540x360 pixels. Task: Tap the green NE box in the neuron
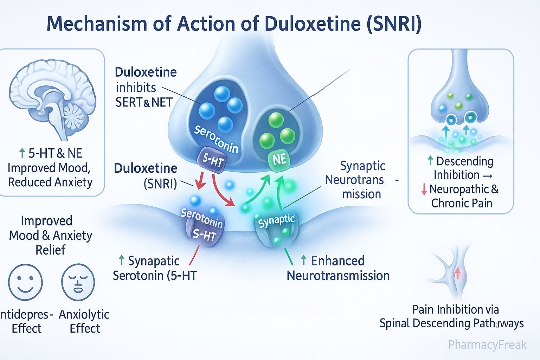(279, 160)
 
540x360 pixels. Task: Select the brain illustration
(53, 102)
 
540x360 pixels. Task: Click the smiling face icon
(25, 282)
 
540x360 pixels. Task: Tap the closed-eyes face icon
(78, 282)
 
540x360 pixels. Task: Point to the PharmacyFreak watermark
(487, 345)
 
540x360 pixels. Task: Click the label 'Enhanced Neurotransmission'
(338, 268)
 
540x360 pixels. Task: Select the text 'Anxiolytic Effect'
(84, 321)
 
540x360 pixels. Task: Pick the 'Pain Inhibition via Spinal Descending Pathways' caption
(452, 316)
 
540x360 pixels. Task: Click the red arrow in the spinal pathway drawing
(457, 273)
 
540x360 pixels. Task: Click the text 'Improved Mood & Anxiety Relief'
(50, 235)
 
